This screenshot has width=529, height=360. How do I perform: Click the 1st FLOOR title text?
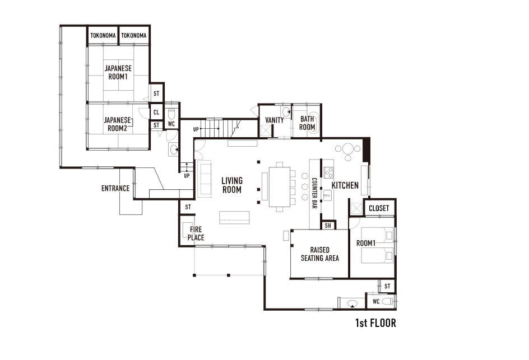click(x=375, y=323)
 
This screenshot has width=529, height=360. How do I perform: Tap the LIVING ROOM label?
click(x=232, y=185)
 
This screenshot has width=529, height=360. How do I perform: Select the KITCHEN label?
click(x=345, y=185)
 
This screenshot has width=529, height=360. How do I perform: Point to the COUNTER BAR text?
click(x=314, y=193)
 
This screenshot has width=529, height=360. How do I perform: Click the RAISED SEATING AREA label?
click(x=320, y=254)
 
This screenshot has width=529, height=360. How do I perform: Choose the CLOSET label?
click(x=379, y=208)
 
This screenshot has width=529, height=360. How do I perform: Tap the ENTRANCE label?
click(x=115, y=188)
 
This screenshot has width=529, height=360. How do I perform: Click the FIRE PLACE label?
click(x=196, y=233)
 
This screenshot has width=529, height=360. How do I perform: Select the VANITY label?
click(x=274, y=120)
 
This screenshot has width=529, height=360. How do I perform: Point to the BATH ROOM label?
click(x=307, y=123)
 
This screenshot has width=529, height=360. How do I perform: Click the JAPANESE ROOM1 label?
click(x=118, y=72)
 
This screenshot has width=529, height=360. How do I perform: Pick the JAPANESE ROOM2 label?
click(x=117, y=124)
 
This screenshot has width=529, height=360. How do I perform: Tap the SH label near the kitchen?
click(x=328, y=226)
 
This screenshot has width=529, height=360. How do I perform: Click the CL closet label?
click(x=156, y=112)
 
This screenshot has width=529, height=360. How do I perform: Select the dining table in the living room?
click(x=279, y=187)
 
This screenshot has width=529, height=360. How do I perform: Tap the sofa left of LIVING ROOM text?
click(x=205, y=179)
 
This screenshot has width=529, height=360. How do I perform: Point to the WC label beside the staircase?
click(x=171, y=124)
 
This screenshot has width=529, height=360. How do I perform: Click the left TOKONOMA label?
click(x=103, y=35)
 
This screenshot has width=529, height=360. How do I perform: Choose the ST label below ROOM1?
click(x=387, y=286)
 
